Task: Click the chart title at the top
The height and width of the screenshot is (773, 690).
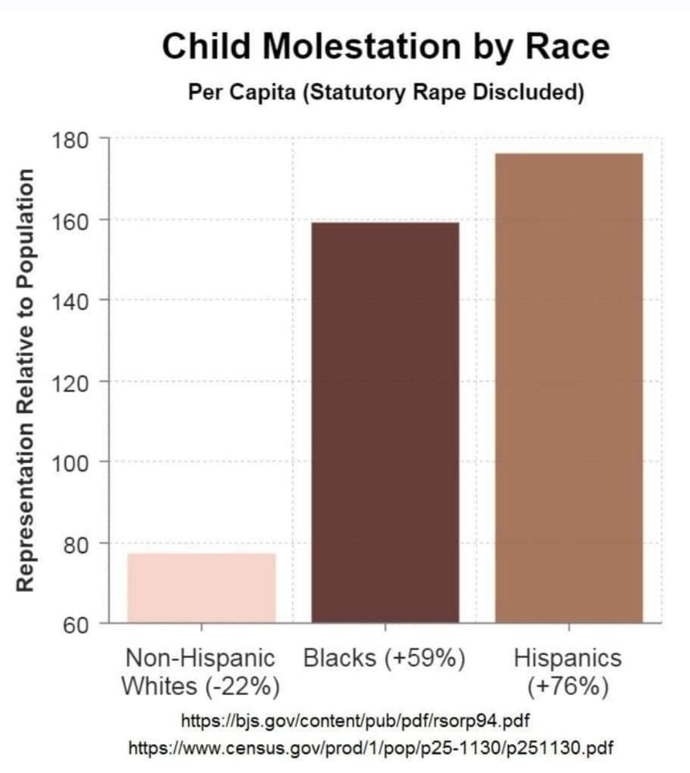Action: tap(386, 46)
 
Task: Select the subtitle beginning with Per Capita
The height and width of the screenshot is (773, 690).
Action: tap(386, 92)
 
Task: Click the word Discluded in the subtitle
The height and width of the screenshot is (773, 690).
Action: tap(528, 92)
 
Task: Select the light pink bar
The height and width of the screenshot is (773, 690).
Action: tap(201, 587)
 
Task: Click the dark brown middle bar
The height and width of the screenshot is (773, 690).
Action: tap(385, 422)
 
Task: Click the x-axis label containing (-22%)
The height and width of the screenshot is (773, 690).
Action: tap(200, 672)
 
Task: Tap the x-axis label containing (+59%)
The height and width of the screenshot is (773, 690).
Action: tap(384, 658)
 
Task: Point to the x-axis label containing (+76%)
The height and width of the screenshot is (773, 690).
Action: tap(568, 672)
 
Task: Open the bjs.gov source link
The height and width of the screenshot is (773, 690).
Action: tap(356, 719)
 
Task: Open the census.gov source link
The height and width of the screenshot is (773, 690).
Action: tap(371, 748)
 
